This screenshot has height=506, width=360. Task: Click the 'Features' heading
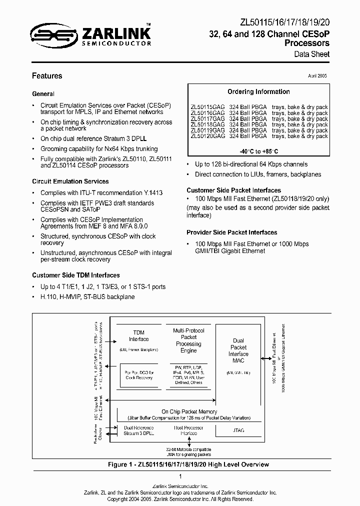[x=47, y=76]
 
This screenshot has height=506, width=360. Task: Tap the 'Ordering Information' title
[x=258, y=92]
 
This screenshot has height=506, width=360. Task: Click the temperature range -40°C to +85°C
[x=258, y=151]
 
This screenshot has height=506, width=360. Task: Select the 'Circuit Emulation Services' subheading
[x=70, y=181]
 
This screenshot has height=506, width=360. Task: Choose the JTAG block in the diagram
[x=238, y=430]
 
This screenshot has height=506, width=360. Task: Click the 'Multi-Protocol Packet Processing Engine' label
[x=188, y=340]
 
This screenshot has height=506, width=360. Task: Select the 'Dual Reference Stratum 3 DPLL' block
[x=138, y=430]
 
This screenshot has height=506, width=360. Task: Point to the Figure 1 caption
[x=188, y=464]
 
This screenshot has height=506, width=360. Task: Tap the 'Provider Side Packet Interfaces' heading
[x=231, y=232]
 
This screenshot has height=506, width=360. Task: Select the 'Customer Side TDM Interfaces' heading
[x=75, y=275]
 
